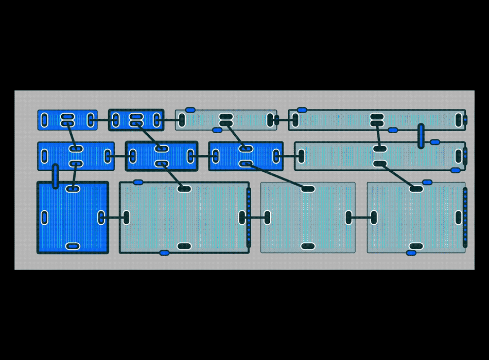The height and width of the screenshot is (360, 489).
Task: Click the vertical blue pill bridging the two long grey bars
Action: coord(421,136)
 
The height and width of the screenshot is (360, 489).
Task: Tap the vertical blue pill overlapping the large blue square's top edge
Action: coord(56,176)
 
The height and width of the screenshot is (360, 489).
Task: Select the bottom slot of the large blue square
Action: coord(73,246)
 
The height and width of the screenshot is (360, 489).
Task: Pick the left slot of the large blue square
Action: coord(44,218)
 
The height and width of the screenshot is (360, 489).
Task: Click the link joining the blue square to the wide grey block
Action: coord(114,218)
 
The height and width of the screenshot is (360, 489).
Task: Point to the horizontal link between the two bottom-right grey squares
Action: coord(361,218)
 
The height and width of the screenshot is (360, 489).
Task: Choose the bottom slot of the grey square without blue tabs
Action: coord(308,246)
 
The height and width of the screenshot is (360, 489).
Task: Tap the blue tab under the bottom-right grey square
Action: coord(411,253)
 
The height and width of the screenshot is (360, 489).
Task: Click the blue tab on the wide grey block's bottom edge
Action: coord(164,253)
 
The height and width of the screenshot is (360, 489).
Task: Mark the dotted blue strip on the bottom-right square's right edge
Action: coord(465,218)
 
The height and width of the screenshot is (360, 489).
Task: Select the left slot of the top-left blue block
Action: coord(44,120)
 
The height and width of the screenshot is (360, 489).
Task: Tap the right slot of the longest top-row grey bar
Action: coord(459,120)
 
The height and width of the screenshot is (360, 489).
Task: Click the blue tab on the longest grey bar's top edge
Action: coord(302,110)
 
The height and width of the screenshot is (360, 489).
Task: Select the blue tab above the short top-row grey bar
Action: coord(190,110)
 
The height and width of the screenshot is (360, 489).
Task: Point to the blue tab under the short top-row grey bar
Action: coord(218,130)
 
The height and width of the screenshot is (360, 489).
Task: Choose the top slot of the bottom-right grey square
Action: coord(416,189)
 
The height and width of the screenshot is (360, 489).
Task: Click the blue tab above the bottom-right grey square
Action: coord(427,182)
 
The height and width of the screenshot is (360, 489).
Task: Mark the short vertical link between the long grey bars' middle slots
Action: coord(378,136)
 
